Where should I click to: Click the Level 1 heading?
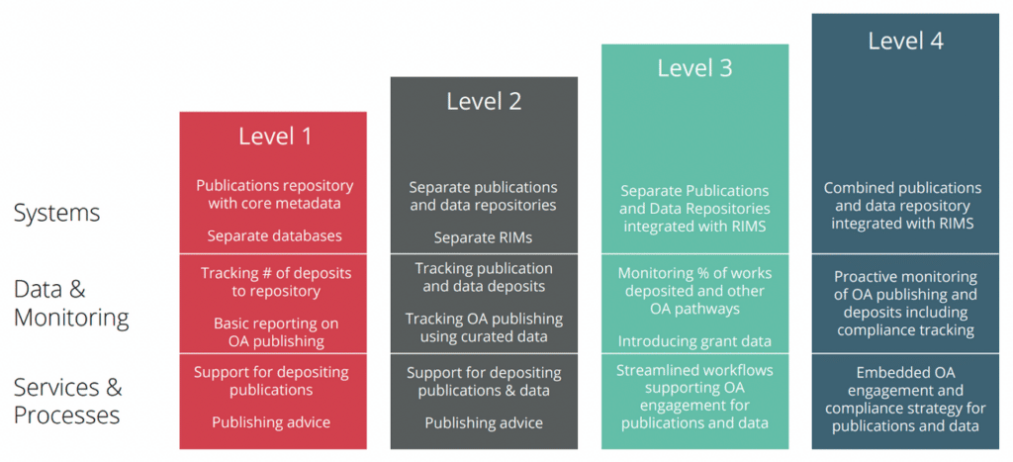coord(275,137)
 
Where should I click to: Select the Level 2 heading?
coord(484,102)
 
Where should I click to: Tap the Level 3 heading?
coord(695,68)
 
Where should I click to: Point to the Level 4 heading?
coord(906,41)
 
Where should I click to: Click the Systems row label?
coord(56,213)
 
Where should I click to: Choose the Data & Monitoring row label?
coord(71,304)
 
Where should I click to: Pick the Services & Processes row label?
coord(67,401)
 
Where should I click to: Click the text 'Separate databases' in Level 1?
coord(275,235)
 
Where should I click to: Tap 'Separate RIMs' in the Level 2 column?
coord(483,237)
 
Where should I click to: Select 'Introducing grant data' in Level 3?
coord(694,340)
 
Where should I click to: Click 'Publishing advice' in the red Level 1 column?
coord(271,422)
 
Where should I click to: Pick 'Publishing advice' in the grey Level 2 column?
coord(484,423)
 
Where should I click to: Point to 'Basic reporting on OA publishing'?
coord(276,331)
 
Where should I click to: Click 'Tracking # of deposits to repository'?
coord(276,282)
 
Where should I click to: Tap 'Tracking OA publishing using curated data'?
coord(484,327)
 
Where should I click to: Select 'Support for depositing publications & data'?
coord(484,382)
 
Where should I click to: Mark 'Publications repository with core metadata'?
coord(275,195)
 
